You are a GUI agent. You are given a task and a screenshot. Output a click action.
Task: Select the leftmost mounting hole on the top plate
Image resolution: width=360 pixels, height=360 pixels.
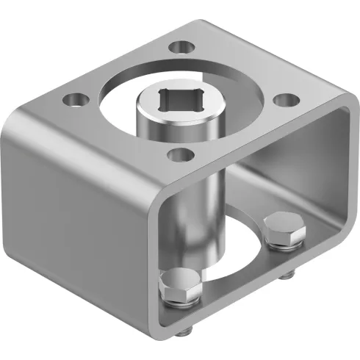[73, 97]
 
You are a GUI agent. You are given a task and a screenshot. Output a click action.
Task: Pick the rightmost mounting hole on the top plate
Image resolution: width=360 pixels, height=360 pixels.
[287, 101]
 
